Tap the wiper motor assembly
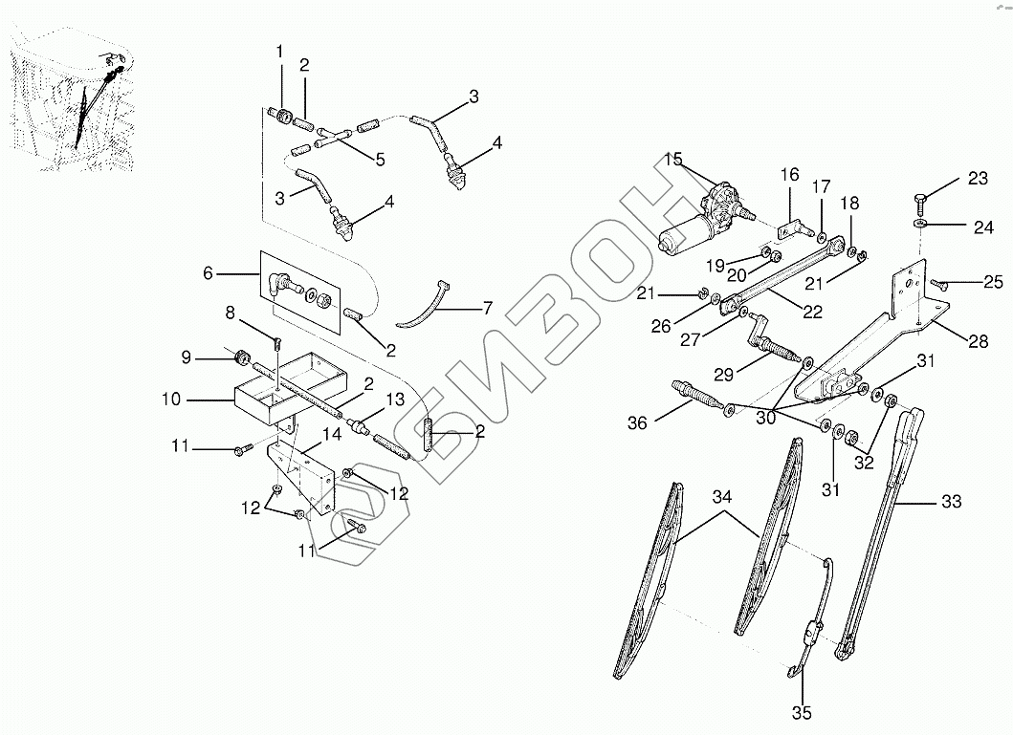[x=703, y=219]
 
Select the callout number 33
[x=951, y=502]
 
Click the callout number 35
[x=802, y=711]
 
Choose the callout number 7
[x=487, y=310]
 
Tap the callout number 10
[x=171, y=399]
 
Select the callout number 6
[x=208, y=272]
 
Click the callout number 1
[x=280, y=50]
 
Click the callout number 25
[x=992, y=281]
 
